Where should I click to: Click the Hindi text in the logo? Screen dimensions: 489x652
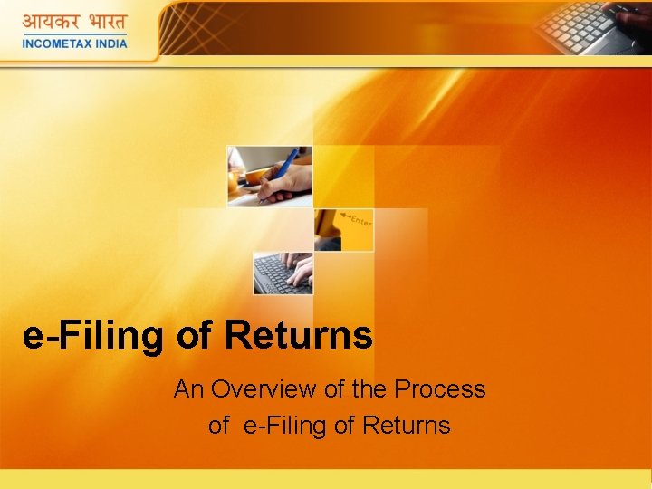[75, 22]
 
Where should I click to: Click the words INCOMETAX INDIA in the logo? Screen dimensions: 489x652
[75, 41]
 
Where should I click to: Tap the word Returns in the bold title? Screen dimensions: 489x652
[298, 335]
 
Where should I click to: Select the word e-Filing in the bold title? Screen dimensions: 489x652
[95, 335]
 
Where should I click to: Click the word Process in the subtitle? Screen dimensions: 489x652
[441, 389]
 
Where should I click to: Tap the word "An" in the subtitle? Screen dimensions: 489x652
[188, 389]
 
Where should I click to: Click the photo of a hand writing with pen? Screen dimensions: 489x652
[269, 176]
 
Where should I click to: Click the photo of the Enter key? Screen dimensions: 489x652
[343, 230]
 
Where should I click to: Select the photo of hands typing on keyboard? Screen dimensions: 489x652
[283, 273]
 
